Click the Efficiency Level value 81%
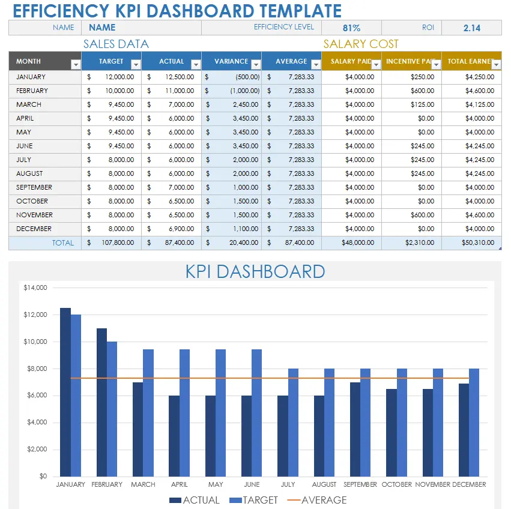[351, 28]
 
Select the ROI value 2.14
[471, 28]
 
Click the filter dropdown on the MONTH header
[76, 64]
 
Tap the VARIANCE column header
[231, 61]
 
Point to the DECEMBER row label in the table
[34, 229]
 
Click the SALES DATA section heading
[116, 44]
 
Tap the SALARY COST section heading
[361, 44]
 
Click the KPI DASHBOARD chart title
[255, 271]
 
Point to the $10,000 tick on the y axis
[35, 342]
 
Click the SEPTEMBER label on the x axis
[360, 484]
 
